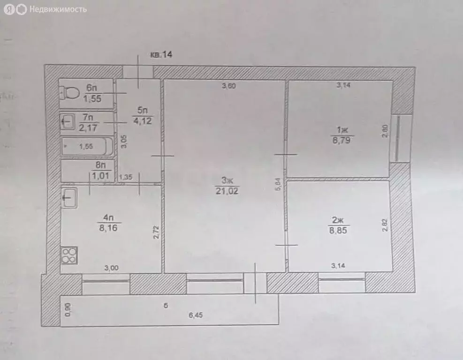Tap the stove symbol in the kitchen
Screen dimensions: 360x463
tap(69, 255)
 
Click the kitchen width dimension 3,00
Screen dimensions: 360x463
tap(111, 268)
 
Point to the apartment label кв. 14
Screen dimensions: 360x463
tap(161, 55)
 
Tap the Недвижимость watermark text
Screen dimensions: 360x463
tap(58, 9)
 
